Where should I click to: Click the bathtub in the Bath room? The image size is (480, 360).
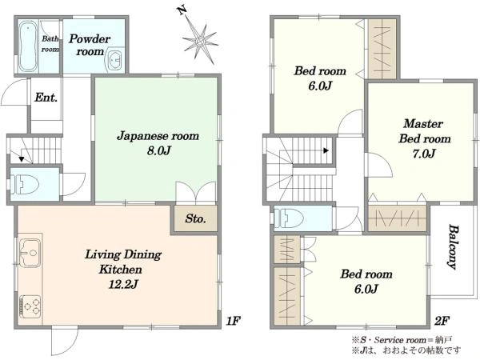(27, 46)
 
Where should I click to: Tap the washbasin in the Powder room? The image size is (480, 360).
(114, 60)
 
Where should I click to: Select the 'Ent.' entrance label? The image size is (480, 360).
(46, 98)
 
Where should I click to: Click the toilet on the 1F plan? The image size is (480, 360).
(25, 184)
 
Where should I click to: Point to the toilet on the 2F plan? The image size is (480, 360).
(288, 218)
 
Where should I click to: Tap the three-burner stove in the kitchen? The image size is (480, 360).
(30, 306)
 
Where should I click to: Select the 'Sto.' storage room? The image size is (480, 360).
(196, 218)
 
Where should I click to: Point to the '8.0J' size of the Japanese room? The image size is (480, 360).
(159, 150)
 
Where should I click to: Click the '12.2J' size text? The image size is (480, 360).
(123, 284)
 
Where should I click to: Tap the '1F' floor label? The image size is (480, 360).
(234, 321)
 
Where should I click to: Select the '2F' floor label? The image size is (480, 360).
(442, 321)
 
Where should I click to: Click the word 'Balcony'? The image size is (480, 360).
(454, 246)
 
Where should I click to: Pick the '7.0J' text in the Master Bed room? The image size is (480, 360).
(424, 153)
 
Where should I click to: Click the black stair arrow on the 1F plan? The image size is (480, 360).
(22, 159)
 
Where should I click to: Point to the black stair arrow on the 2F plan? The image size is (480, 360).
(326, 150)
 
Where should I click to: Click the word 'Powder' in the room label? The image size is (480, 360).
(90, 39)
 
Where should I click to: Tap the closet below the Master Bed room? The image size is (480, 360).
(397, 218)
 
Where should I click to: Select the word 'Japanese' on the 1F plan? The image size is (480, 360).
(138, 136)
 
